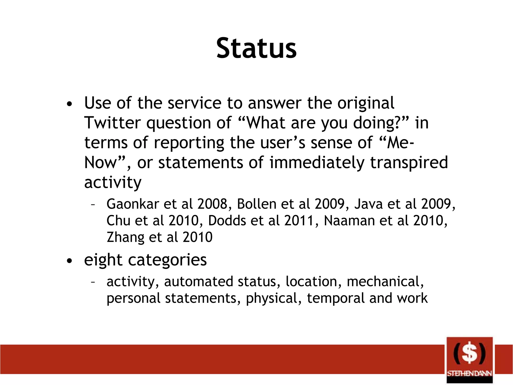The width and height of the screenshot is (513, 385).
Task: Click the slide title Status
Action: coord(256,48)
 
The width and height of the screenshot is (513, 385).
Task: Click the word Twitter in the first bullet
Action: coord(112,123)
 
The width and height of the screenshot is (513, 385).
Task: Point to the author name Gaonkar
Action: coord(133,204)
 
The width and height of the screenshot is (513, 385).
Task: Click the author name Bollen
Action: coord(256,204)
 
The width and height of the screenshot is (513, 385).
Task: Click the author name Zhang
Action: coord(125,237)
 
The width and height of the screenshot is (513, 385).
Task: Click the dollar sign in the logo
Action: coord(469,353)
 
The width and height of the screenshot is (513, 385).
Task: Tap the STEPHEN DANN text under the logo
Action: coord(469,373)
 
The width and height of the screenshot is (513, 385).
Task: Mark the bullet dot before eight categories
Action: coord(69,261)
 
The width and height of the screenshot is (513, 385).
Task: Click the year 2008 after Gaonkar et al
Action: coord(212,204)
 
